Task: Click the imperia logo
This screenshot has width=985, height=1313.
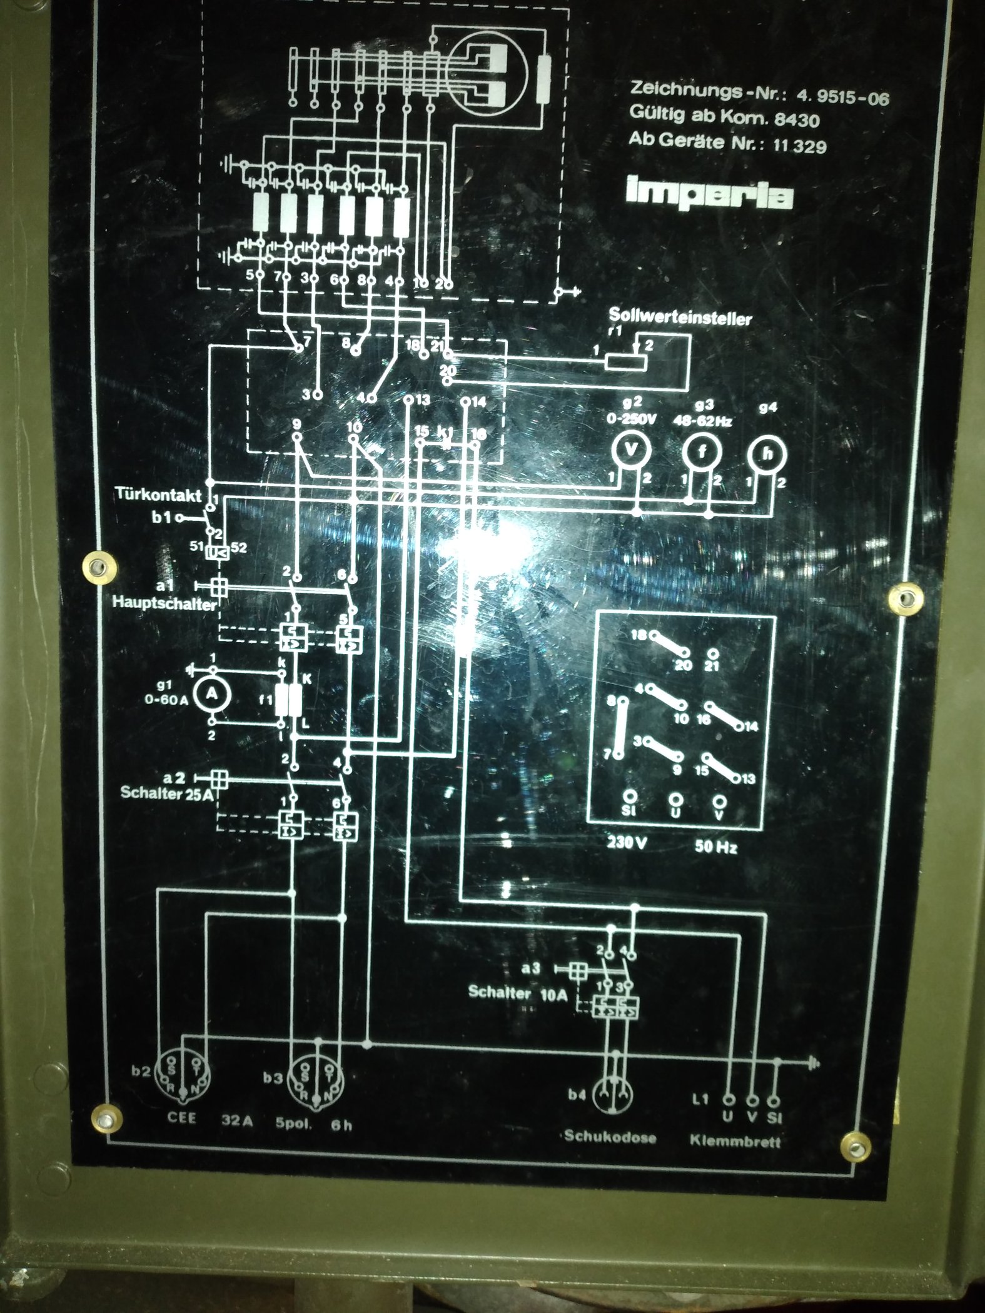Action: (x=709, y=195)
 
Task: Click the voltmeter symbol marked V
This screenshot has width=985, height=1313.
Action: (x=631, y=450)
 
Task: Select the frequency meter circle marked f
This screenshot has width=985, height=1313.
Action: (x=700, y=451)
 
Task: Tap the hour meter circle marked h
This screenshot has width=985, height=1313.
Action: (x=767, y=454)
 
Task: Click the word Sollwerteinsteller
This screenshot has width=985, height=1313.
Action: (x=680, y=318)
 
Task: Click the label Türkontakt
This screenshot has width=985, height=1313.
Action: (x=158, y=495)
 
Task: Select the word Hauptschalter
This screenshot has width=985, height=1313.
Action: (x=164, y=605)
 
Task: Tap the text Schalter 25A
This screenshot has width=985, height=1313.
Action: (x=167, y=792)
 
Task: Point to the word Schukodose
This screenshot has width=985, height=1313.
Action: (x=610, y=1137)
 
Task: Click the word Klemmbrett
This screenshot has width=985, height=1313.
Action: (x=735, y=1141)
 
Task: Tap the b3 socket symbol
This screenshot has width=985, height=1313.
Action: (x=316, y=1077)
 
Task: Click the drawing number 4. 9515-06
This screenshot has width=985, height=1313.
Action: (x=842, y=98)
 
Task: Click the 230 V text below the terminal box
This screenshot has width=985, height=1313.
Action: (x=627, y=842)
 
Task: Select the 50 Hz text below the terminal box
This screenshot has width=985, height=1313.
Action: (x=715, y=847)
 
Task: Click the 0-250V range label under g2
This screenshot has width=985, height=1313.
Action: (x=631, y=420)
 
